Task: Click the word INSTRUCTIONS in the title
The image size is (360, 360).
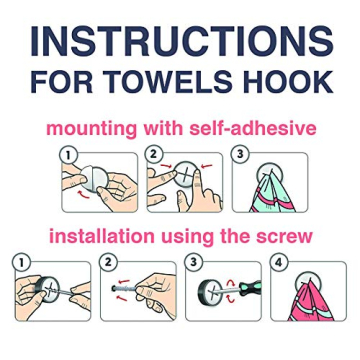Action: tap(181, 43)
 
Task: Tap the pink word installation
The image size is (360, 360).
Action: tap(106, 237)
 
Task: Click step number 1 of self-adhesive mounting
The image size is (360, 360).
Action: tap(68, 154)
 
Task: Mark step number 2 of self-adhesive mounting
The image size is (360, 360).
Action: tap(152, 154)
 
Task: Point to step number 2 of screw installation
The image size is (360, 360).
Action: tap(108, 262)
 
